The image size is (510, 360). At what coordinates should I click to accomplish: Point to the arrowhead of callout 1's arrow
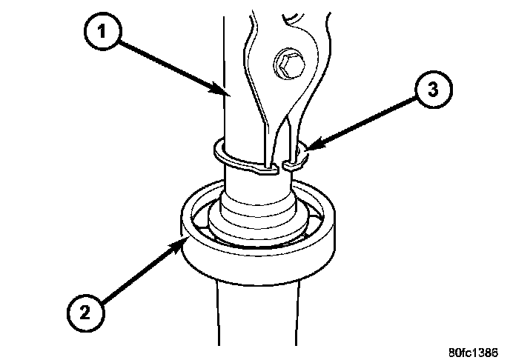click(227, 95)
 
